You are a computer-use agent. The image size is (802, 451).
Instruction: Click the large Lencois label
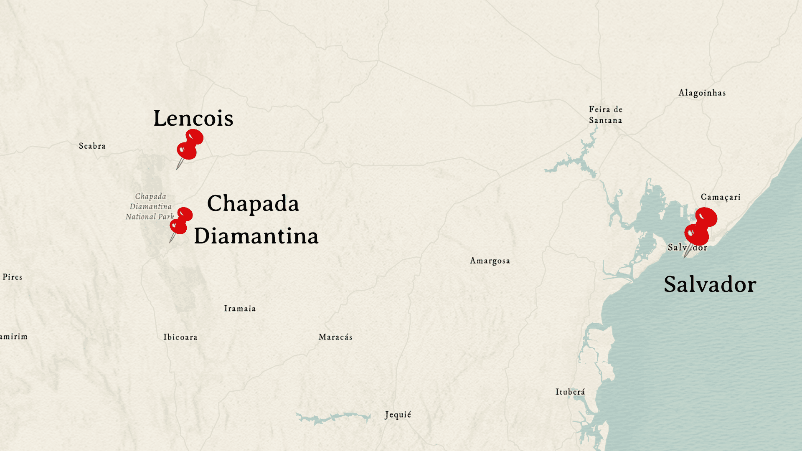193,118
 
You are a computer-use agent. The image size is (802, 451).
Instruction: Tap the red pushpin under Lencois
190,145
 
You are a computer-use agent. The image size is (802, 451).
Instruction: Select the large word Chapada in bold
253,203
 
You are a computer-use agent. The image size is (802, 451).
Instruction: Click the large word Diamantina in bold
256,236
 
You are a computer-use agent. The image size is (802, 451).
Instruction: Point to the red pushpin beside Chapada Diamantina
181,221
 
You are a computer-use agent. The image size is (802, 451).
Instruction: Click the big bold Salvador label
710,284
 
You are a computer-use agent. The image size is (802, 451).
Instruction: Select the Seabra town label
92,146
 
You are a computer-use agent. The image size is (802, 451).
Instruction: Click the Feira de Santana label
606,115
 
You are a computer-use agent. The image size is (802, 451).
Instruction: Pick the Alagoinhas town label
702,93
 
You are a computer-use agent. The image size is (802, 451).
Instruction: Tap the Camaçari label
721,197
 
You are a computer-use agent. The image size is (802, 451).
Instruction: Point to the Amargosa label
490,261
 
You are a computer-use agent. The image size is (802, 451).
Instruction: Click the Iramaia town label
240,309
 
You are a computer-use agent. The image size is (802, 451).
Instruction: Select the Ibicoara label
180,337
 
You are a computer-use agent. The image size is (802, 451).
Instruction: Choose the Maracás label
335,337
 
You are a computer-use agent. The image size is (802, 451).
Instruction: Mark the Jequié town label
398,415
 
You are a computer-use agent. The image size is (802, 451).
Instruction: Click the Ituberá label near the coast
570,392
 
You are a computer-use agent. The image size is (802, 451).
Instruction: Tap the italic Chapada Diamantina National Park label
150,206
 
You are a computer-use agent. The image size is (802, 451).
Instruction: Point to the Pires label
13,277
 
